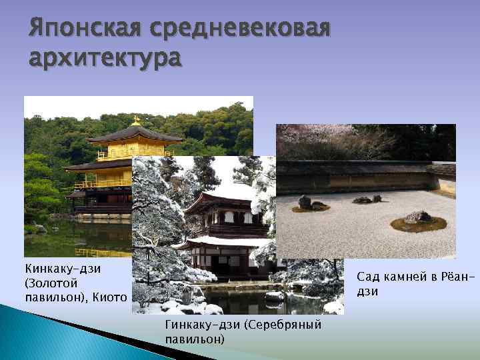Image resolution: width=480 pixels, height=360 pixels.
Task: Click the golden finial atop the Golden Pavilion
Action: point(136,121)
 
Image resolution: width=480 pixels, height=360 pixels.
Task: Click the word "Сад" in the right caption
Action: point(368,276)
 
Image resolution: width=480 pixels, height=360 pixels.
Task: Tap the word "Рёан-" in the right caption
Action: point(453,276)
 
